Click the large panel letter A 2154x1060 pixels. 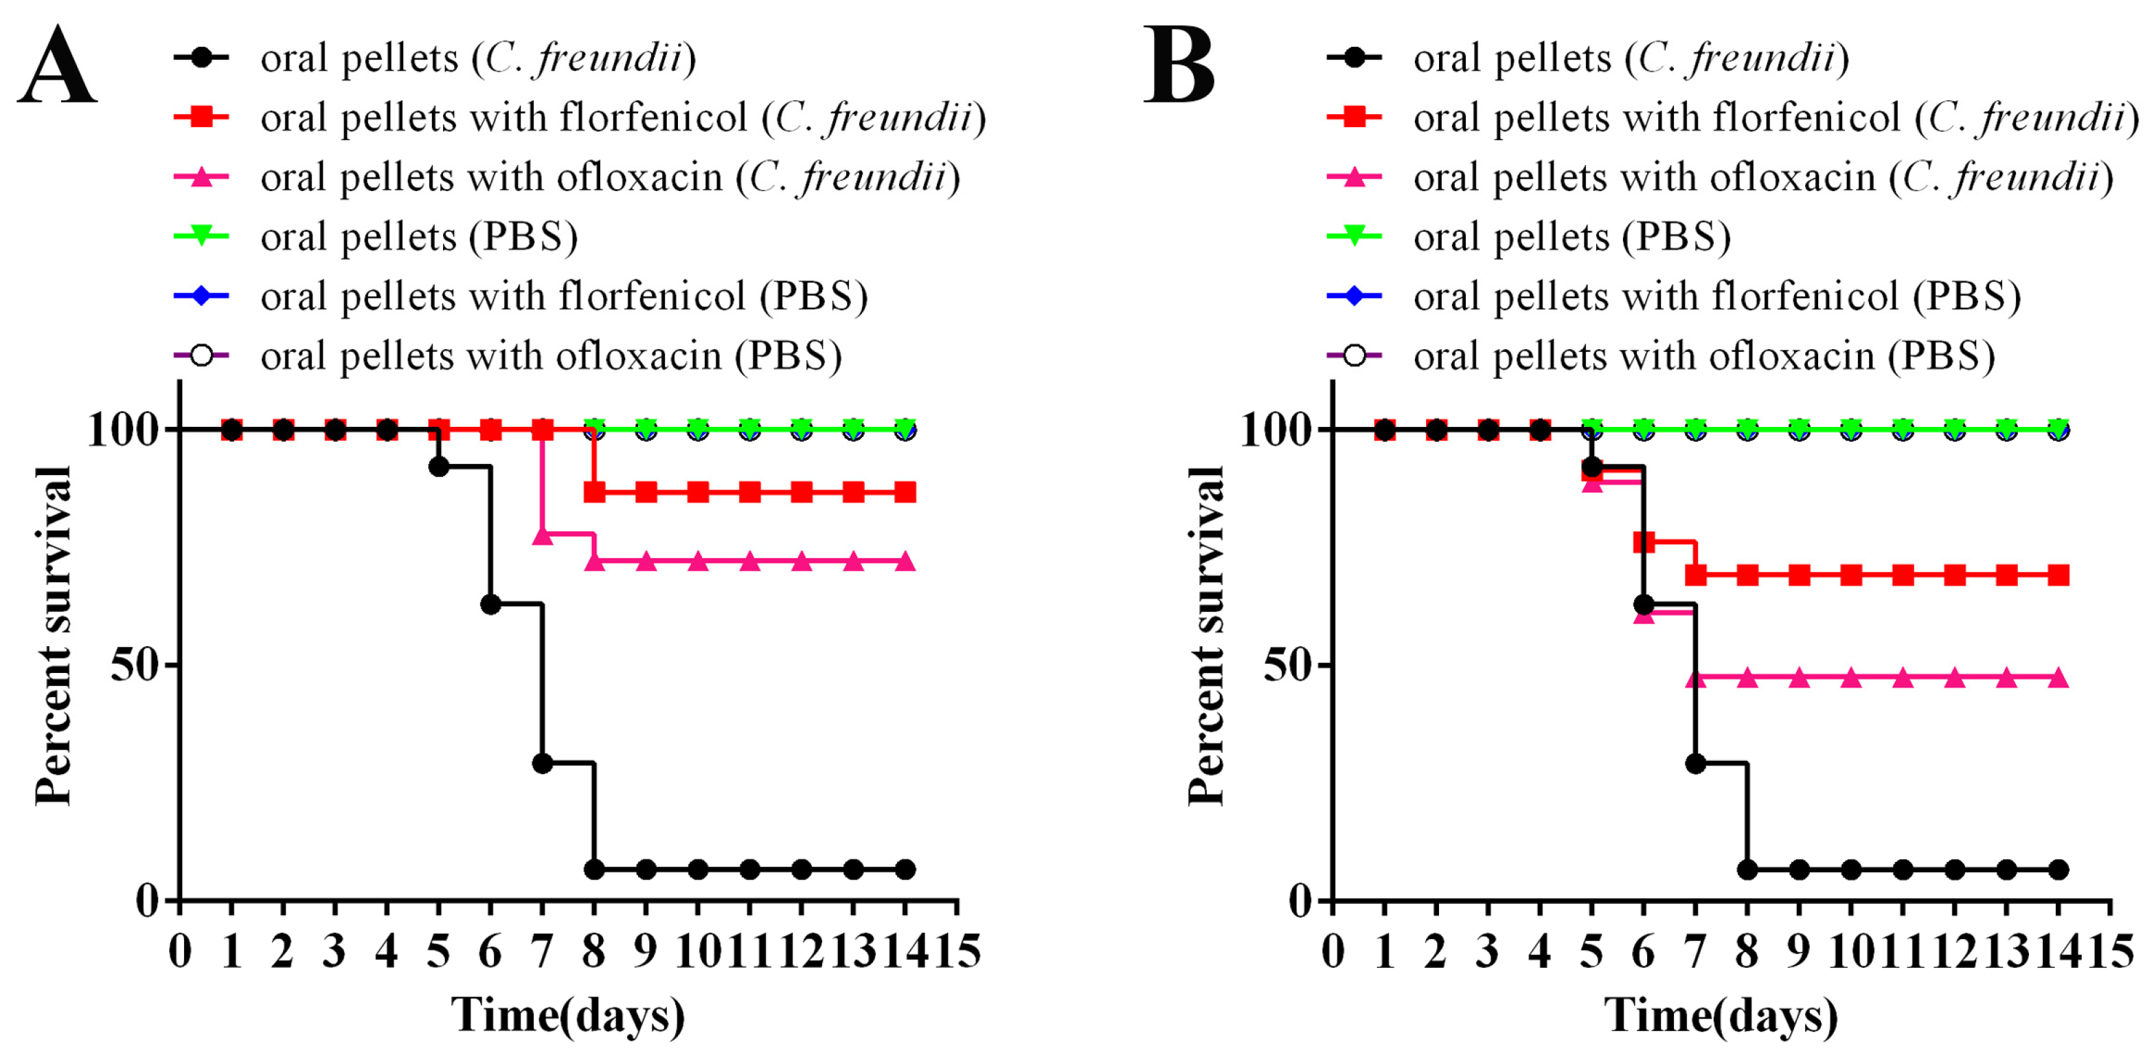57,65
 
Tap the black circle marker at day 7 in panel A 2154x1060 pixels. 543,763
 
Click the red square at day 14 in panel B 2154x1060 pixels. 2059,575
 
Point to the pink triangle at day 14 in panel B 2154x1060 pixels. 2059,678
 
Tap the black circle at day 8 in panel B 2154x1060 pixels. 1747,870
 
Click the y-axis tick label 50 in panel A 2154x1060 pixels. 134,666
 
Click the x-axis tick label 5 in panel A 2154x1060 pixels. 438,952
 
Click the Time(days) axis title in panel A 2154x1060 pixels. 568,1015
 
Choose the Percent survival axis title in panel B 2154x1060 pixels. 1207,636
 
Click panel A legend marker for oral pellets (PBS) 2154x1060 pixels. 201,236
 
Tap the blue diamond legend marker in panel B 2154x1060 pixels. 1354,296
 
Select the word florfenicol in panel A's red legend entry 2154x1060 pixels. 653,117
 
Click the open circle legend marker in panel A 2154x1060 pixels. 201,355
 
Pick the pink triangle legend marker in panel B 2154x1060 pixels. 1354,177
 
